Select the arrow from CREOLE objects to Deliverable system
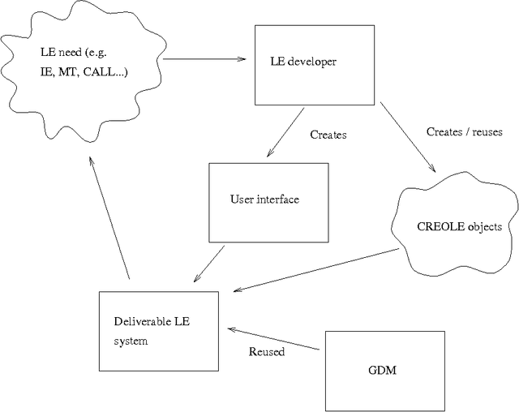coord(316,271)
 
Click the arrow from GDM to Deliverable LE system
coord(276,338)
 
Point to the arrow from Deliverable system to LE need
coord(109,219)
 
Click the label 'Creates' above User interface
coord(328,135)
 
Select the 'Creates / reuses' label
coord(464,131)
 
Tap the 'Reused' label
coord(266,352)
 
